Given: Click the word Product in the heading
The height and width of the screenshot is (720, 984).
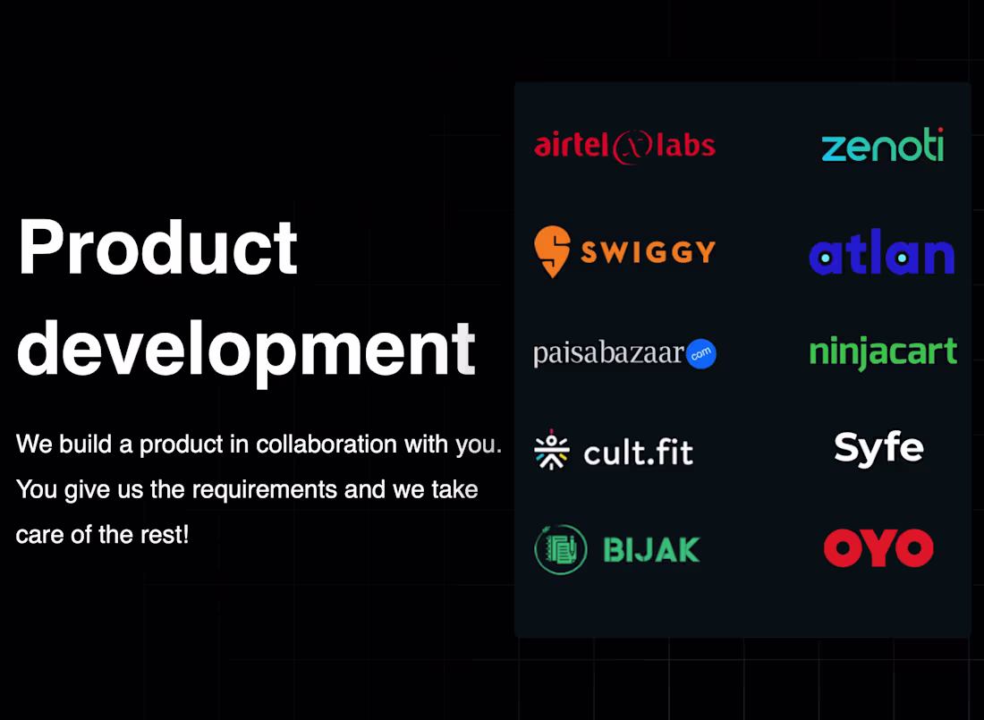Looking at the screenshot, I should click(157, 248).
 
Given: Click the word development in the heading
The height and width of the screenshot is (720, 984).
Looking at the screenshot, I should click(246, 349).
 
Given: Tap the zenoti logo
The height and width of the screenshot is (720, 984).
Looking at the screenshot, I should click(882, 146).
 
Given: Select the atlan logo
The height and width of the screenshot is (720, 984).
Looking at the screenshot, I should click(882, 256).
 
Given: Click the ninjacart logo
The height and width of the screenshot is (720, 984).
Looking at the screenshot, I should click(883, 352).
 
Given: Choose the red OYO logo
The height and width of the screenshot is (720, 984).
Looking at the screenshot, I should click(878, 548).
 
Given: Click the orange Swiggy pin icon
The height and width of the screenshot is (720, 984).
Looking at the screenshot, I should click(552, 251).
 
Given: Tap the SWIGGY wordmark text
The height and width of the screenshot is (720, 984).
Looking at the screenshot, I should click(648, 252).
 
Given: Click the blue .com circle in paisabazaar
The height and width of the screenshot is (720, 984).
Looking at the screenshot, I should click(701, 354).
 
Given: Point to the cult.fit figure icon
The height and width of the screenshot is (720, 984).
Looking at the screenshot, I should click(551, 452).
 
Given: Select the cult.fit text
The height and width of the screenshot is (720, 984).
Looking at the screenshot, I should click(638, 453).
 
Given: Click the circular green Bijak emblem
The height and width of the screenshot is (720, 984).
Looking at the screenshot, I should click(561, 549).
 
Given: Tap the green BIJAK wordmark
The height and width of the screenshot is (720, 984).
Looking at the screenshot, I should click(651, 549).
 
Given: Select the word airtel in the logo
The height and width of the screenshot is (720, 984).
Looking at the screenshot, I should click(573, 145).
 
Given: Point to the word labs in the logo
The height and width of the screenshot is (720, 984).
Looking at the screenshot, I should click(685, 145).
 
